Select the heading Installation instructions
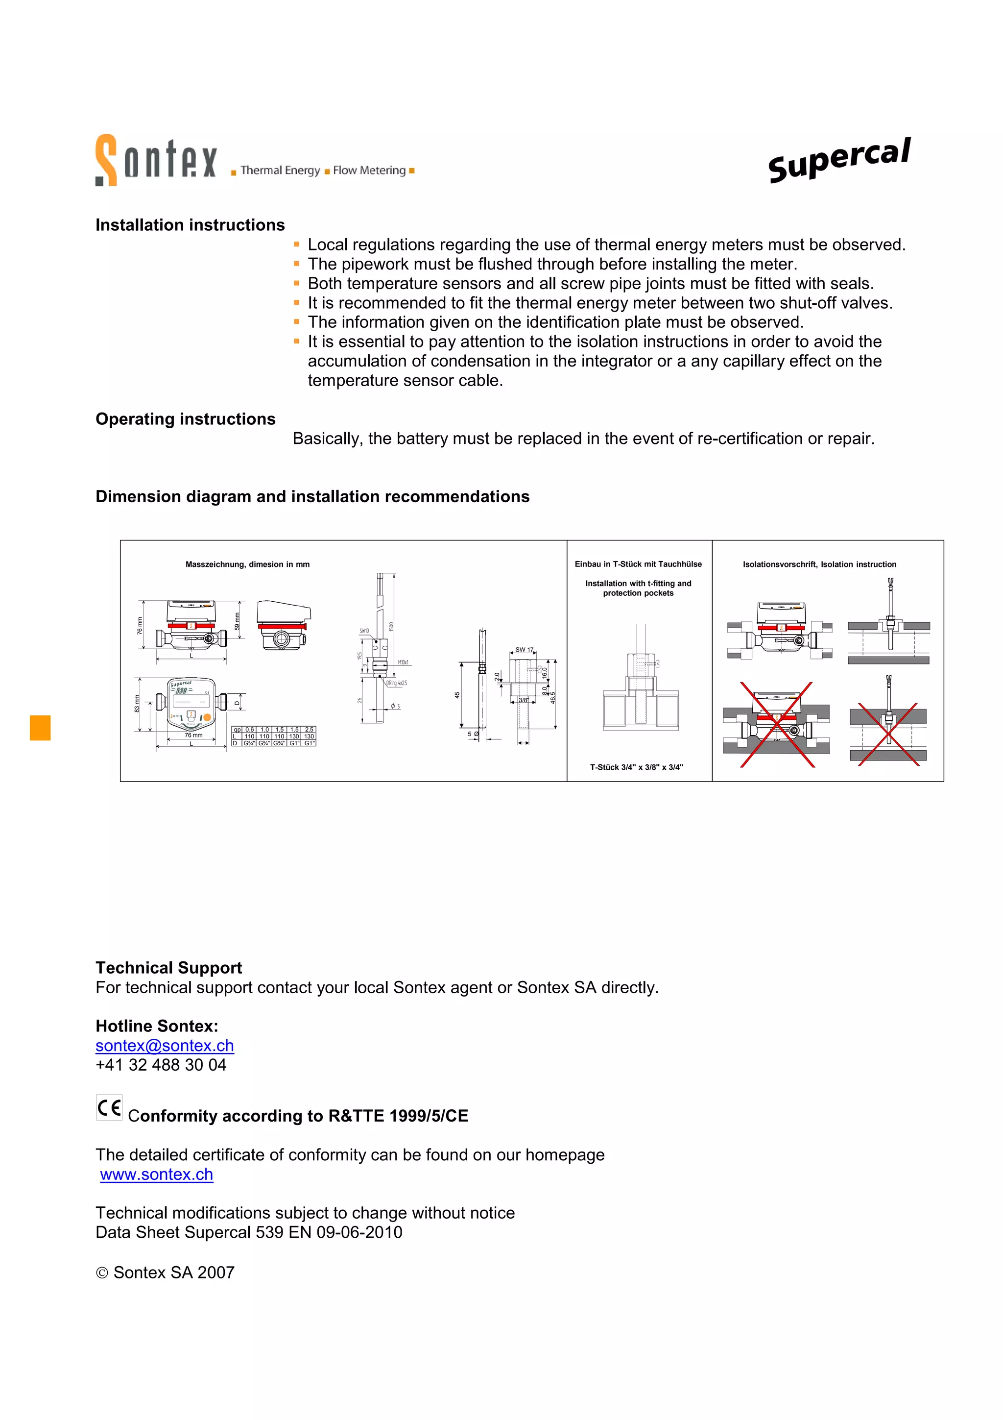click(190, 224)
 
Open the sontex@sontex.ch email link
click(165, 1045)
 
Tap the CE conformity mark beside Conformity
click(109, 1107)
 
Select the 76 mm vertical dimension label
click(140, 625)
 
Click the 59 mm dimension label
click(237, 621)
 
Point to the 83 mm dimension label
click(137, 704)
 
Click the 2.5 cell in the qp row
click(309, 729)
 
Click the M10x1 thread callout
click(403, 662)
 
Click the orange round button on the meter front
click(207, 717)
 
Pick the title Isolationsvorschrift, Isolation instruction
click(819, 564)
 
